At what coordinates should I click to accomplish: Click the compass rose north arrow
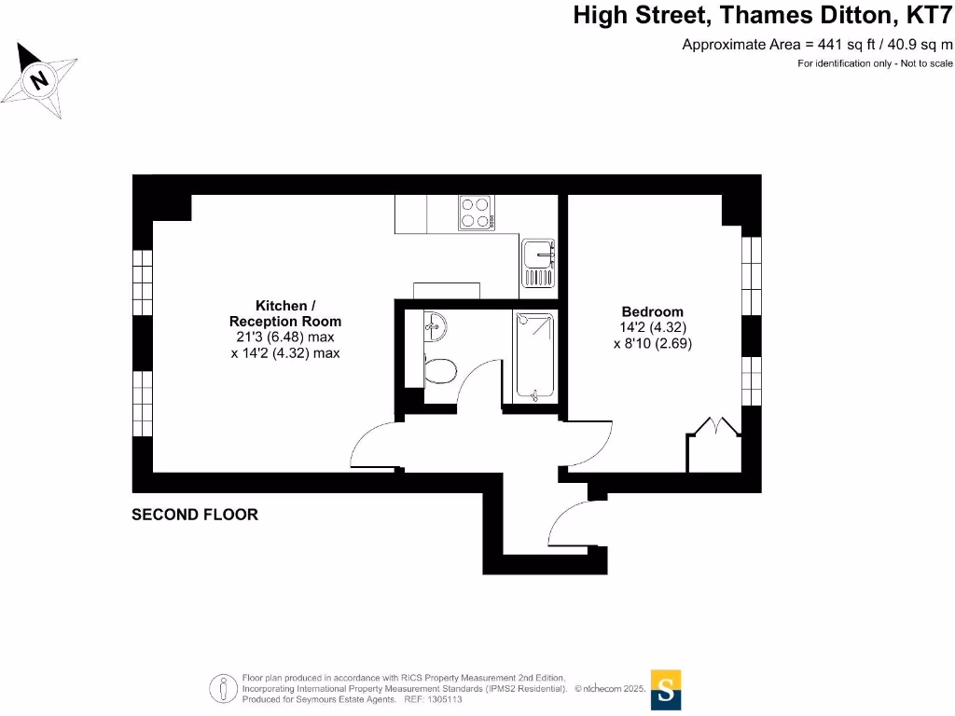click(x=38, y=80)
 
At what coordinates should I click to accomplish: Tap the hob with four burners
click(x=476, y=213)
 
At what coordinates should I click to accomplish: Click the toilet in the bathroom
click(x=438, y=370)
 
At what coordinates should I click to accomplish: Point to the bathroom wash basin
click(x=435, y=325)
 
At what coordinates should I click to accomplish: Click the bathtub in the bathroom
click(x=534, y=357)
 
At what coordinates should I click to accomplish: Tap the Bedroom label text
click(x=653, y=311)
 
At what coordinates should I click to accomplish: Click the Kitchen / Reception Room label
click(x=285, y=313)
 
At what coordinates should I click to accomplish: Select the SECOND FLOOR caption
click(x=195, y=514)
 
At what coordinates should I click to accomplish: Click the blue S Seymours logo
click(x=666, y=690)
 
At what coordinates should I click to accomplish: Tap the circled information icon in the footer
click(x=224, y=688)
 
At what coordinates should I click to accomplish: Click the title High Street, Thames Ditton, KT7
click(x=762, y=16)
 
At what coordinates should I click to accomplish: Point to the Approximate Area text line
click(x=817, y=44)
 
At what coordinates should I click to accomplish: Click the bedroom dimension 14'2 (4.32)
click(x=653, y=327)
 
